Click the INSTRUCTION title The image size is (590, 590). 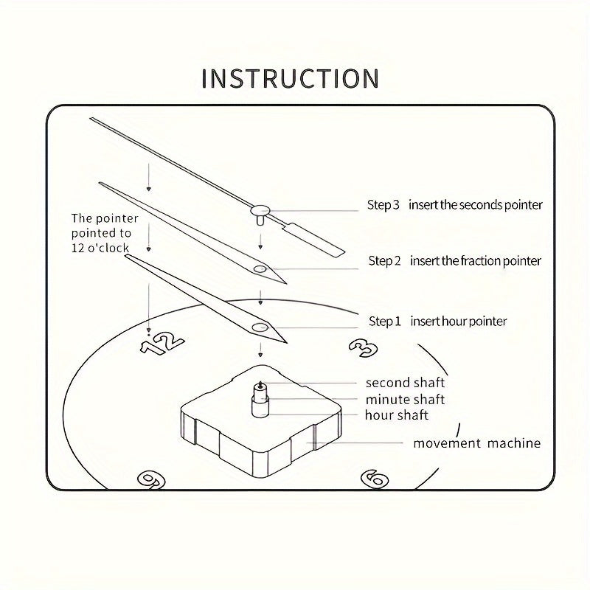point(291,78)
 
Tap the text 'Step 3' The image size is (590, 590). point(383,205)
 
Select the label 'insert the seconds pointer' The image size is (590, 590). point(476,205)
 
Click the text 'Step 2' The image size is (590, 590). point(384,261)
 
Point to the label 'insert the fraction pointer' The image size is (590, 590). point(476,261)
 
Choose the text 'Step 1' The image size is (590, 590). point(384,322)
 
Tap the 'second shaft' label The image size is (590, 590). point(405,383)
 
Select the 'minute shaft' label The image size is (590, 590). point(405,399)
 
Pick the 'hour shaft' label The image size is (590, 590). point(396,415)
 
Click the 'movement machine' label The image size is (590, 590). point(476,443)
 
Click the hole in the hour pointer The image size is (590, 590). point(259,327)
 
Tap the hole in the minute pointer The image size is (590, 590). point(260,269)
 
